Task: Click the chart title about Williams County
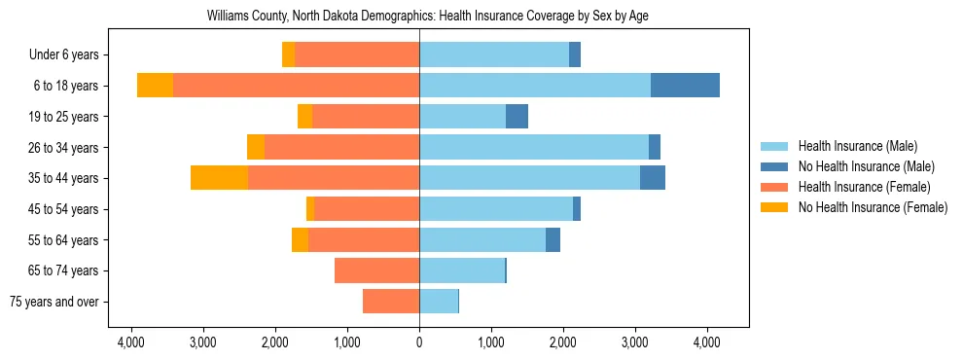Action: tap(426, 17)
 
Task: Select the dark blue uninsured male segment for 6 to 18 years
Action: tap(685, 86)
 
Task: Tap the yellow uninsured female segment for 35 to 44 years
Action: tap(219, 178)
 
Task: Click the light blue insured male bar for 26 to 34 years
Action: tap(534, 147)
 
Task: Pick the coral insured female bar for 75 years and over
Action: tap(391, 302)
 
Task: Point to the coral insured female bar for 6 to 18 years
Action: tap(296, 86)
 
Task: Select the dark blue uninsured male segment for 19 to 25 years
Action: tap(517, 117)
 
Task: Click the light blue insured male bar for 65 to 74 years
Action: tap(462, 270)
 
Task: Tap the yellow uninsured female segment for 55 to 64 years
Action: tap(300, 239)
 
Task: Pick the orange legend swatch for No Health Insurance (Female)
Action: tap(774, 207)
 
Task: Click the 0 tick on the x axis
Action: tap(419, 342)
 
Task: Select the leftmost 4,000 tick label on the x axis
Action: tap(131, 342)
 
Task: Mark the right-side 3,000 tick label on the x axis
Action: tap(634, 342)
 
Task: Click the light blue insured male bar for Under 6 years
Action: tap(494, 54)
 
